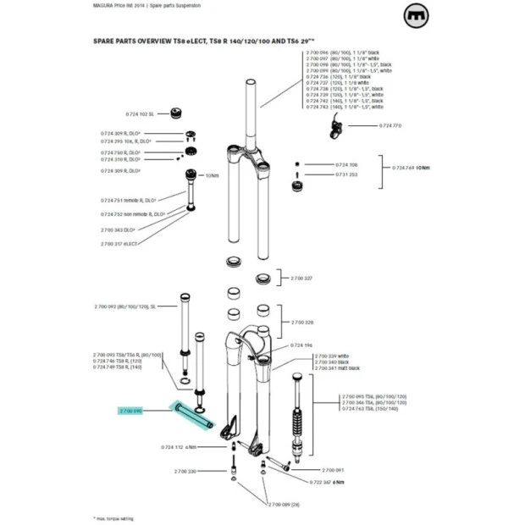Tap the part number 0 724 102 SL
[140, 113]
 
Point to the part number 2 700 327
[301, 278]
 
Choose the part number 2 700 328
[302, 323]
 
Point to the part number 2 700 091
[333, 469]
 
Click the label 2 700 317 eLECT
[119, 243]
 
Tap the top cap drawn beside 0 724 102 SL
[180, 113]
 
